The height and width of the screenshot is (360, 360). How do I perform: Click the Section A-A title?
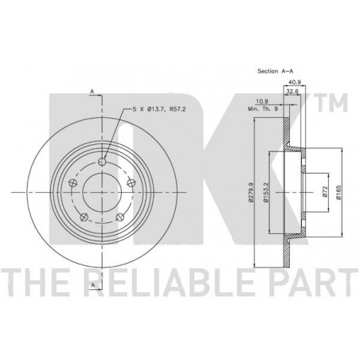(276, 71)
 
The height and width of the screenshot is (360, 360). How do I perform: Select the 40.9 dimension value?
(295, 82)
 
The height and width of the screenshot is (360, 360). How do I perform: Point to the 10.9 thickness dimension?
(262, 101)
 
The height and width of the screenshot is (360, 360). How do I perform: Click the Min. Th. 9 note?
(263, 109)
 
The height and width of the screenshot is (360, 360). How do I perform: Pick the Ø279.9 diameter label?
(251, 193)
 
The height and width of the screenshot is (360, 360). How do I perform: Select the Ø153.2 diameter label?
(267, 193)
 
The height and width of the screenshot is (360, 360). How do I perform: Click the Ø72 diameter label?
(326, 191)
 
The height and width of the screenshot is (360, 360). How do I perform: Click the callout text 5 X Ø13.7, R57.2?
(159, 109)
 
